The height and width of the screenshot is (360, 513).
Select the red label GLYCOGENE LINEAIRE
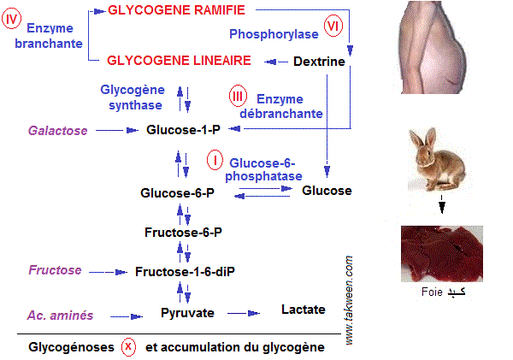click(x=179, y=61)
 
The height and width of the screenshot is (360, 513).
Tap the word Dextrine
click(x=319, y=62)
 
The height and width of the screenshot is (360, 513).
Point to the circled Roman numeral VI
click(x=333, y=27)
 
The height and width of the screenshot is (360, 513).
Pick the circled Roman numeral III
click(x=239, y=97)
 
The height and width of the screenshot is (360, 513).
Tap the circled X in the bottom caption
click(x=128, y=347)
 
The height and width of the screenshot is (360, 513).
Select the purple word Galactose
click(x=56, y=131)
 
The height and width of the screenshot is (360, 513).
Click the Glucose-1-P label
click(x=183, y=131)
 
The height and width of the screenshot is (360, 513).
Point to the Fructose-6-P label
click(x=183, y=232)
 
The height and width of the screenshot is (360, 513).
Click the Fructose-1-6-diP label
click(x=185, y=271)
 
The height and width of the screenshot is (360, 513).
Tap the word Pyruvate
click(x=187, y=313)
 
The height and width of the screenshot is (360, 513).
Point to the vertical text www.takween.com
click(x=350, y=299)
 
